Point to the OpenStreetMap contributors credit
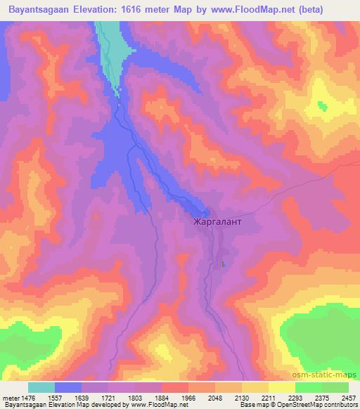pos(316,404)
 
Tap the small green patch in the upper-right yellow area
pos(322,106)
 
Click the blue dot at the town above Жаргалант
pos(205,213)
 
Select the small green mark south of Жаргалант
pos(223,264)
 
